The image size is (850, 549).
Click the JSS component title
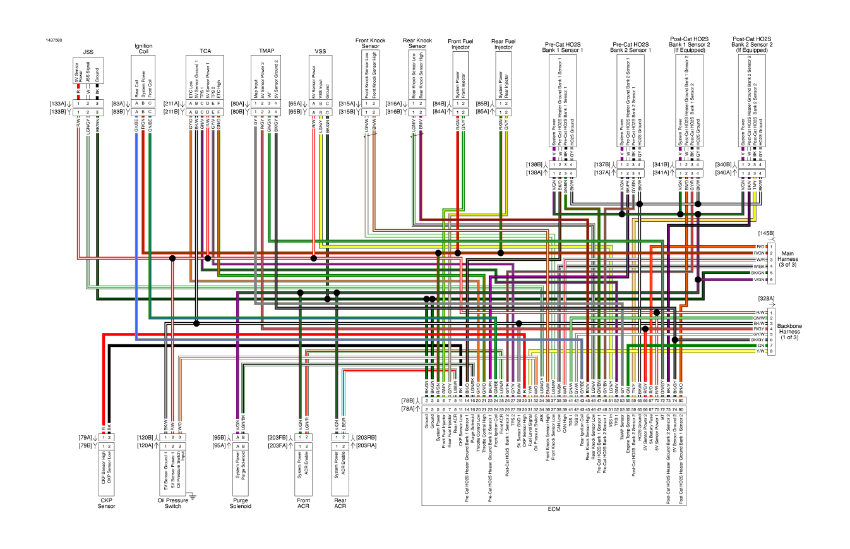pos(88,51)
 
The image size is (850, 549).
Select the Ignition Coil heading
pos(141,49)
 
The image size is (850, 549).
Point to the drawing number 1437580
pos(54,40)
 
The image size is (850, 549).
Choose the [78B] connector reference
pos(408,401)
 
